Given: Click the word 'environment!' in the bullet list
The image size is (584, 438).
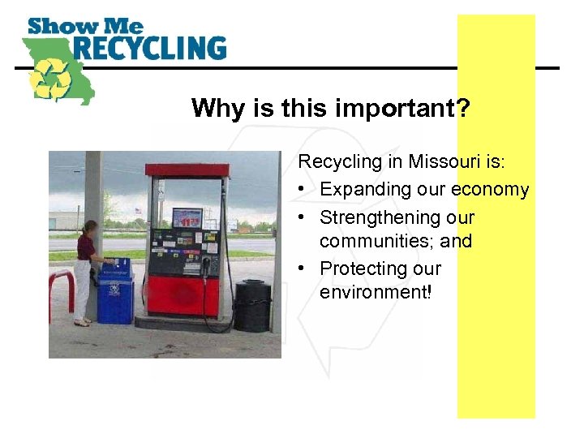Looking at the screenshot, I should (x=376, y=291).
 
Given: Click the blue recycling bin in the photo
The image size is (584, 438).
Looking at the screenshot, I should (x=114, y=294).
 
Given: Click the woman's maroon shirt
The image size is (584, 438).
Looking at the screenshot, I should (x=85, y=247).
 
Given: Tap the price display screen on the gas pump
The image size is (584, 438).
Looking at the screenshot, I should (x=187, y=218).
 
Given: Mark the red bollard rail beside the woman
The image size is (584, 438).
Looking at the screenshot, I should (x=62, y=284).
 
